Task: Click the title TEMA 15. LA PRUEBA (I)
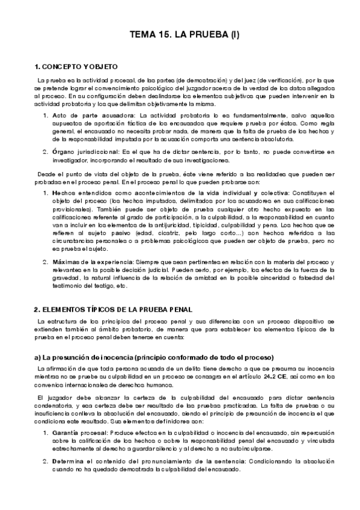185,35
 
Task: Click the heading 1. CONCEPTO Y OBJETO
76,66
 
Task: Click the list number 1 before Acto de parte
46,115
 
